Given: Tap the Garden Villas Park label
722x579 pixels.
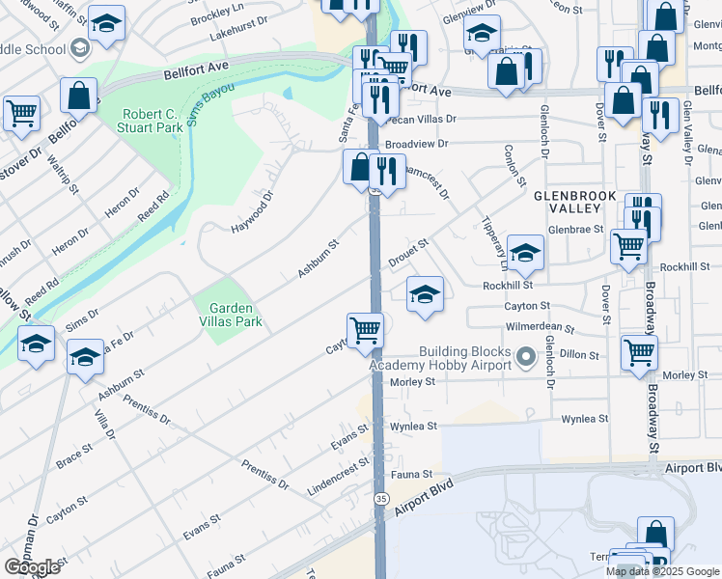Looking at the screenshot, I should point(230,315).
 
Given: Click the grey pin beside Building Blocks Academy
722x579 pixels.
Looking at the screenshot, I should point(526,358).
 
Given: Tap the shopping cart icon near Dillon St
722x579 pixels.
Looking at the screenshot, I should point(639,352).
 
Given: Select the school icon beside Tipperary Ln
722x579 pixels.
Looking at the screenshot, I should point(525,252).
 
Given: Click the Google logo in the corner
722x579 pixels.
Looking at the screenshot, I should point(32,566).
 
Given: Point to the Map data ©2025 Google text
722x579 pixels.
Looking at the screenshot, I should point(663,571).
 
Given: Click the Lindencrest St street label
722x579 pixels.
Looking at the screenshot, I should point(338,476).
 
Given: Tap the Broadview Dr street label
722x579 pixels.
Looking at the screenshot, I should point(417,144).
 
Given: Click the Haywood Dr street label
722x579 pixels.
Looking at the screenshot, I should point(252,210).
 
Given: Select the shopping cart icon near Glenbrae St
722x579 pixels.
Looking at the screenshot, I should point(627,246).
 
